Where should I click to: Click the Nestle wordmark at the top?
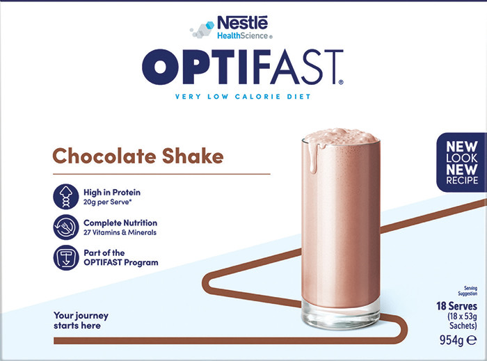tap(243, 23)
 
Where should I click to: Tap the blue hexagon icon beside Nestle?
tap(210, 26)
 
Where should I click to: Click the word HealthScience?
tap(243, 35)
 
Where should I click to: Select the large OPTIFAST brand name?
tap(243, 67)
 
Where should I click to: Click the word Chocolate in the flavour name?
tap(104, 156)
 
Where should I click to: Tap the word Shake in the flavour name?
tap(193, 156)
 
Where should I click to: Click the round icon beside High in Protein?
tap(65, 196)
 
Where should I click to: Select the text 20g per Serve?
tap(106, 202)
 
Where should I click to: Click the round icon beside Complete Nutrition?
tap(65, 227)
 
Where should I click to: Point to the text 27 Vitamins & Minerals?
tap(120, 232)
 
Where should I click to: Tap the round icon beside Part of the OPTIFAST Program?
tap(65, 257)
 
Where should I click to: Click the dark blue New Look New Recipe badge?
tap(461, 162)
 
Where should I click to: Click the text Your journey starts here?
tap(81, 321)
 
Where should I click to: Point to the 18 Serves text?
tap(456, 306)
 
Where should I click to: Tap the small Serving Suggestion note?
tap(468, 291)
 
